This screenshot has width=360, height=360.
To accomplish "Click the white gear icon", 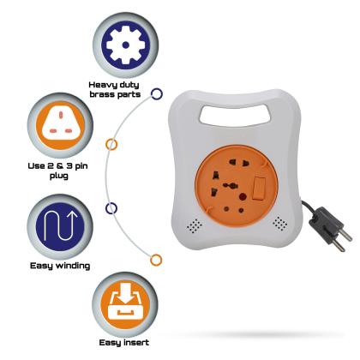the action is point(125,45).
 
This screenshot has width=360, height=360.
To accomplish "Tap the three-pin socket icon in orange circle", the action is point(60,125).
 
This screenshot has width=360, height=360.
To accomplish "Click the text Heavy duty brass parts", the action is point(115,89).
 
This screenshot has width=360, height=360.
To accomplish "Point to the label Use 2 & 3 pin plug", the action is point(58,171).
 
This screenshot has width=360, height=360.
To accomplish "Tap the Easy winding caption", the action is point(60,266).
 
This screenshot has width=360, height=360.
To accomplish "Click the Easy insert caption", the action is point(124,343).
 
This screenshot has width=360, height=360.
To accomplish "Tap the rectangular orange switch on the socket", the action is point(259,187).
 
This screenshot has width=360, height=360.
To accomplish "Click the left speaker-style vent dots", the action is point(195,225).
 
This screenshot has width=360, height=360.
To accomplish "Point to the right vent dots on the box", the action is point(280,223).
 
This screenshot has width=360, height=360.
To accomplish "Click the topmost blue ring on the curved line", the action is point(157,93).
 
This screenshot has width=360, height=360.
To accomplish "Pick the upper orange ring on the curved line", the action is point(111,145).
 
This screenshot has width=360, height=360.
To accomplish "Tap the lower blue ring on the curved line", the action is point(111,208).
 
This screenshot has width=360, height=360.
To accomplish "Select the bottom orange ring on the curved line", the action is point(156,260).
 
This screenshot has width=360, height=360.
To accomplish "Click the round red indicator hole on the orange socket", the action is point(243,197).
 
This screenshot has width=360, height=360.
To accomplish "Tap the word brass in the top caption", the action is point(101,94).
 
